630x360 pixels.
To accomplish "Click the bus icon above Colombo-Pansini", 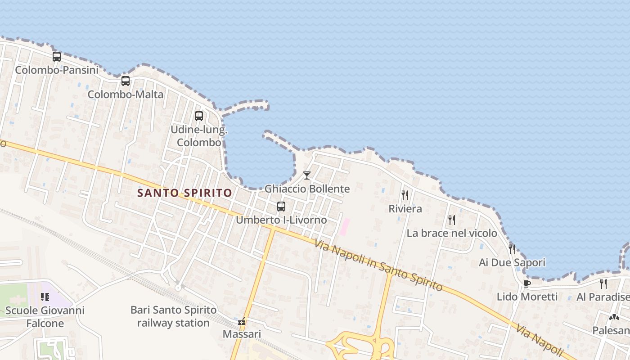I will coord(57,57).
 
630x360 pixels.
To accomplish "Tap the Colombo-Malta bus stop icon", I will coord(126,81).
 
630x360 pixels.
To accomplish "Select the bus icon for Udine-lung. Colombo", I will coord(199,116).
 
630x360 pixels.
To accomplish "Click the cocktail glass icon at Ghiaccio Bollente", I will coord(307,175).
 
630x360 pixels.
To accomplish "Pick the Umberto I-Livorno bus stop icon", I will coord(281,207).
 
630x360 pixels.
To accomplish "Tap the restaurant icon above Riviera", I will coord(405,195).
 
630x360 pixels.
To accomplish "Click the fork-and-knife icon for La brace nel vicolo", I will coord(452,220).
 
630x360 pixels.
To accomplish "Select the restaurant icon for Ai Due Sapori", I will coord(512,249).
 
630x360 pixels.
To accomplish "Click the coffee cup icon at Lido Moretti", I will coord(527,283).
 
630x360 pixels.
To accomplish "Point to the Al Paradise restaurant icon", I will coord(603,283).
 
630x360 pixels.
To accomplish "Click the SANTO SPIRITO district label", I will coord(184,193).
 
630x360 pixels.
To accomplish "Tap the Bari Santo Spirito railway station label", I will coord(173,316).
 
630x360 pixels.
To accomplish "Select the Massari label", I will coord(242,334).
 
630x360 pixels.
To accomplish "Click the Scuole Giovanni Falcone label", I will coord(45,317).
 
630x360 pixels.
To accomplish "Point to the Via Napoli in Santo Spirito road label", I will coord(378,265).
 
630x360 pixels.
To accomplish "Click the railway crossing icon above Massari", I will coord(242,322).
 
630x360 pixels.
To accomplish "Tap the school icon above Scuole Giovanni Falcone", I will coord(45,297).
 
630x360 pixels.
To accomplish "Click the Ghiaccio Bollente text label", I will coord(307,189).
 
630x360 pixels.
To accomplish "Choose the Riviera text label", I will coord(405,209).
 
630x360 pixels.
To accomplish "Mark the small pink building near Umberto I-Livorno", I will coord(344,226).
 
